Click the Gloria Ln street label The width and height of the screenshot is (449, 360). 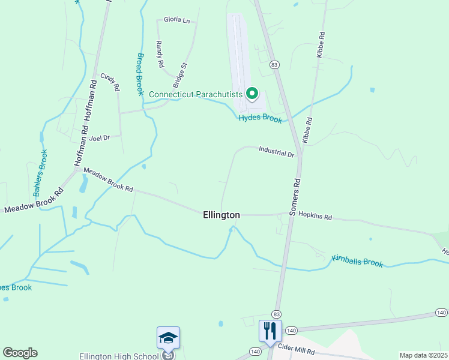(176, 20)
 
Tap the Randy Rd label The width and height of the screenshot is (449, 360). (160, 53)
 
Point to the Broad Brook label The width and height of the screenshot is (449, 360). (140, 74)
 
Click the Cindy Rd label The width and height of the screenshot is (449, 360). (110, 82)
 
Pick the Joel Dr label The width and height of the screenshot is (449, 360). (100, 138)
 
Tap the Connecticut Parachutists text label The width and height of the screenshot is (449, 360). (196, 94)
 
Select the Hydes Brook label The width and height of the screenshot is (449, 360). (260, 119)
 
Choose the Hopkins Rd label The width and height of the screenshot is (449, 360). (315, 215)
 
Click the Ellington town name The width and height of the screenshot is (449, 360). (221, 215)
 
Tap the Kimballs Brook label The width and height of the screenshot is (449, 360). (357, 262)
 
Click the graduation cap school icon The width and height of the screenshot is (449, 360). (169, 338)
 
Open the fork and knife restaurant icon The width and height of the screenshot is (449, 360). (270, 331)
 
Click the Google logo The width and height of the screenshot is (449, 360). (20, 353)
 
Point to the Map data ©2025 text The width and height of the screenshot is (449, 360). (423, 355)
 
